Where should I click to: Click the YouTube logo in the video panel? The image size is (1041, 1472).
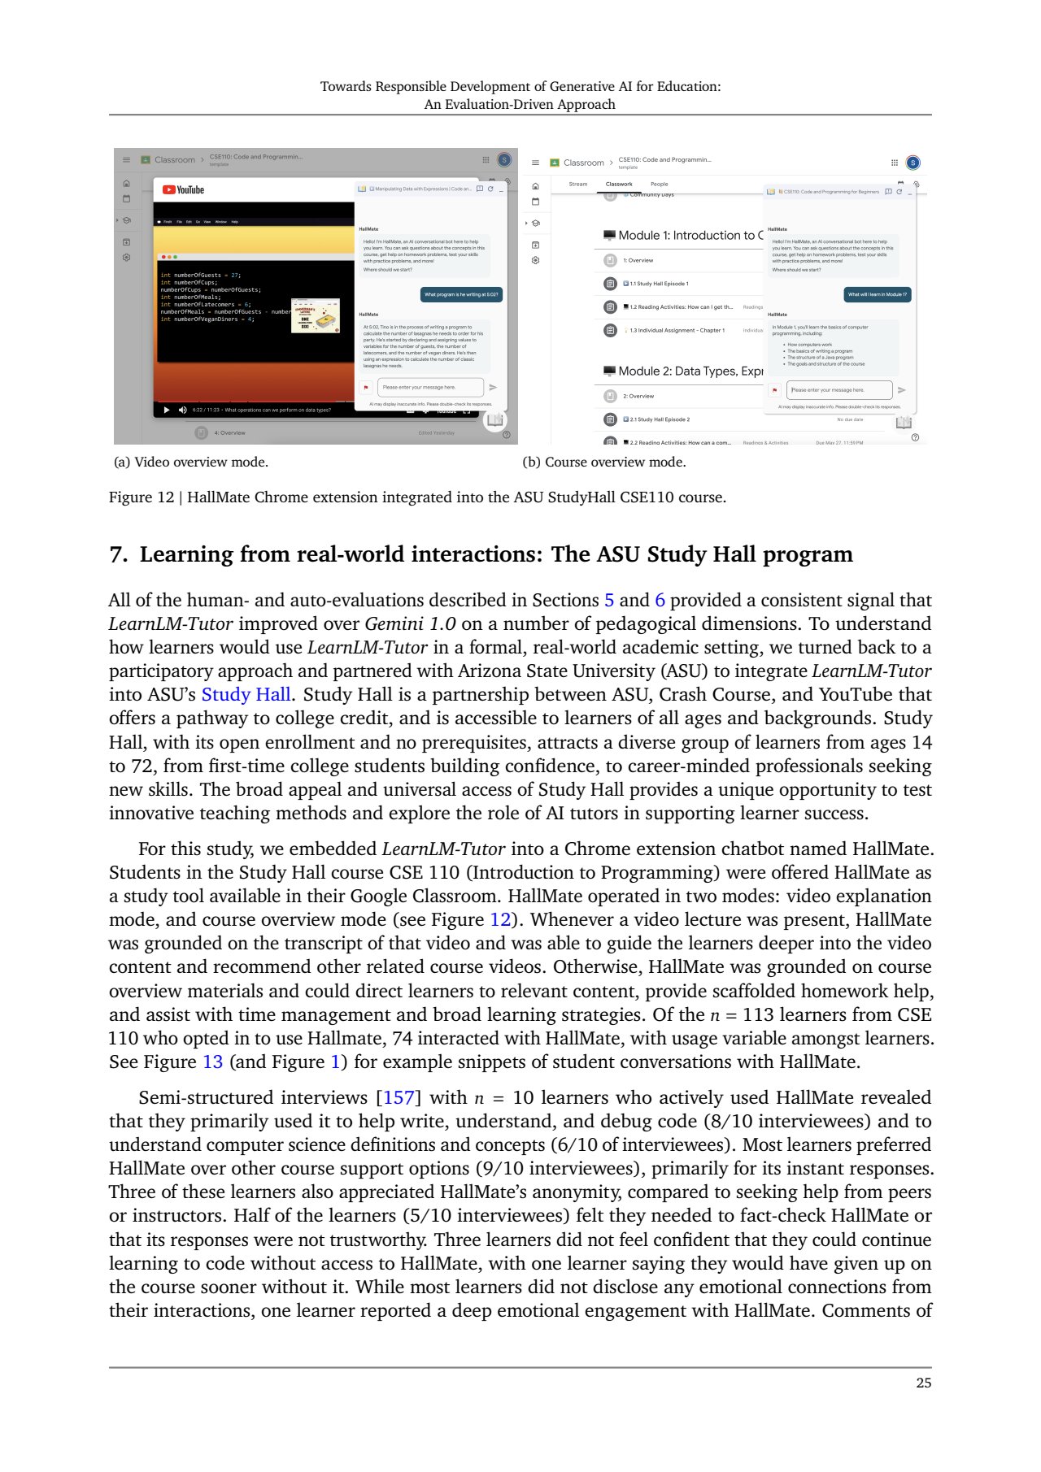(183, 190)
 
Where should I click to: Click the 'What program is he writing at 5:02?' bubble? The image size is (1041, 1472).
(461, 295)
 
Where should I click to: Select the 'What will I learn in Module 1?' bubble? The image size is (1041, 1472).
(877, 295)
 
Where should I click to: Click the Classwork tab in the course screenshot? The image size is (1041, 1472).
(619, 185)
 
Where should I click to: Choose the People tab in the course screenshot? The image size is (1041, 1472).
(659, 185)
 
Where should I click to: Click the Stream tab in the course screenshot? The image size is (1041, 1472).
(578, 185)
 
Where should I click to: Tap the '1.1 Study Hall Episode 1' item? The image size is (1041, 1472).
(659, 284)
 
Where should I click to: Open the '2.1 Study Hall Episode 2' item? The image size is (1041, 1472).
(660, 419)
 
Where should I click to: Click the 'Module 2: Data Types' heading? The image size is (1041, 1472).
(690, 371)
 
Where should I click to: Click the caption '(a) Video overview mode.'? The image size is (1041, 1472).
(191, 462)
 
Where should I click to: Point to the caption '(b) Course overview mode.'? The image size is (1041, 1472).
(603, 462)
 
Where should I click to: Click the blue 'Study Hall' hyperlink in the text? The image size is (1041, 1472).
(246, 695)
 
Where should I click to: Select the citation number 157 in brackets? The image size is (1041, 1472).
(399, 1098)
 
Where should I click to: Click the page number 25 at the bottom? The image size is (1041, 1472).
(923, 1383)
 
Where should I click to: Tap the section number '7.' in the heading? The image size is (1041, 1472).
(119, 555)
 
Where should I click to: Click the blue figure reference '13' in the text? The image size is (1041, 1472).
(212, 1062)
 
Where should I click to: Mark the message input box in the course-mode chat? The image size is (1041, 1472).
(838, 390)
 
